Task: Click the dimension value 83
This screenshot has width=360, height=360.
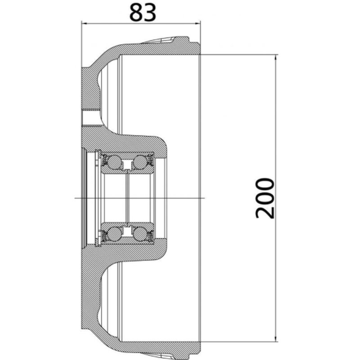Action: (x=143, y=13)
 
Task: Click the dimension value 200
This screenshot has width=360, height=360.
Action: (x=265, y=198)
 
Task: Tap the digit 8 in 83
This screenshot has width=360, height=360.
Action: (x=136, y=13)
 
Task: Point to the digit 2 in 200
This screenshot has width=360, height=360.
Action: (x=265, y=211)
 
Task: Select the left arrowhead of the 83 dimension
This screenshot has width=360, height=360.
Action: (x=84, y=23)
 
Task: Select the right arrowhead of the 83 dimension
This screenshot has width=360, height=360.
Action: (x=198, y=23)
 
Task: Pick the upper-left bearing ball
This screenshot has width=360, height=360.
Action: (x=114, y=162)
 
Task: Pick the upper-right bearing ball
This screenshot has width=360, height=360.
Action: (x=140, y=162)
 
